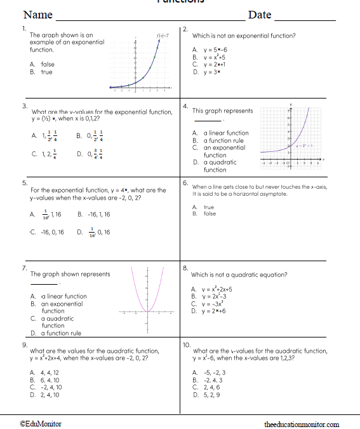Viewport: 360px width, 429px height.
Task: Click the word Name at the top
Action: tap(37, 15)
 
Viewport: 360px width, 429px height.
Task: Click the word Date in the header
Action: tap(259, 15)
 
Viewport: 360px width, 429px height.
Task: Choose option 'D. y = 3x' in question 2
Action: tap(206, 72)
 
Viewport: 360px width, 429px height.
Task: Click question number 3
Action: tap(24, 106)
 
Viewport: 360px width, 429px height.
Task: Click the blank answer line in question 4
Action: tap(207, 120)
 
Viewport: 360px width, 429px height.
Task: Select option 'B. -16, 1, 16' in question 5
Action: tap(93, 214)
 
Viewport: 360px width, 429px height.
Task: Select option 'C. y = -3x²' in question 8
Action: tap(209, 304)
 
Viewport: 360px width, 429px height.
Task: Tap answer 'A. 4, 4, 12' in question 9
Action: tap(44, 372)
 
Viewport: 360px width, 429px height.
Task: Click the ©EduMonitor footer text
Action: tap(41, 424)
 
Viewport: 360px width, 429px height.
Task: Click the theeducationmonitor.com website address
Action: tap(302, 424)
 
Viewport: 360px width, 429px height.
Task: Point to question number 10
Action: tap(187, 344)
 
